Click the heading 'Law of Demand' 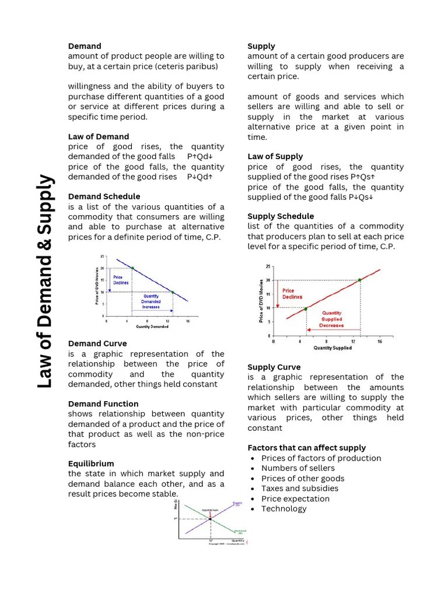99,136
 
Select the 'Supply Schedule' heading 281,216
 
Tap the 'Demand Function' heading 103,403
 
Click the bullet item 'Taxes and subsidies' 299,488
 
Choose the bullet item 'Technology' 283,508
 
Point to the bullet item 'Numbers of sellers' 297,468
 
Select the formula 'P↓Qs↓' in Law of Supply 361,197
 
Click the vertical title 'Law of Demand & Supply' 46,283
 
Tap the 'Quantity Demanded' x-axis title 152,327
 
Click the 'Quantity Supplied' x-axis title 332,348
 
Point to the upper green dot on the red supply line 359,280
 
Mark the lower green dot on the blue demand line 173,292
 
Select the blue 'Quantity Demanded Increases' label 151,301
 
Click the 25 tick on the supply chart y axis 268,267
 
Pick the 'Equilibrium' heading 91,463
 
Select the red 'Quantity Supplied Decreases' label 331,319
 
